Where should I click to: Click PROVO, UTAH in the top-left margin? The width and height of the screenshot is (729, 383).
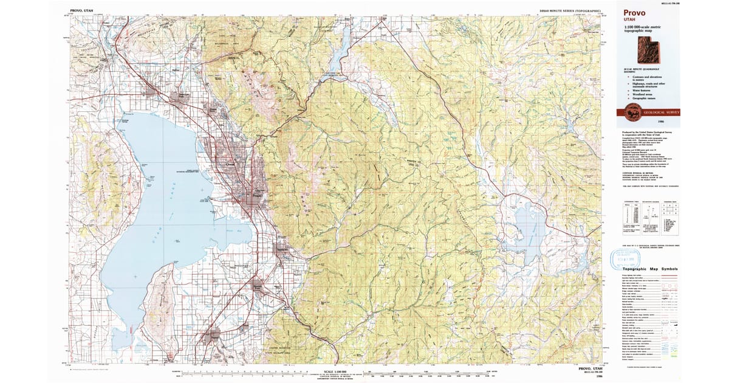84,10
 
